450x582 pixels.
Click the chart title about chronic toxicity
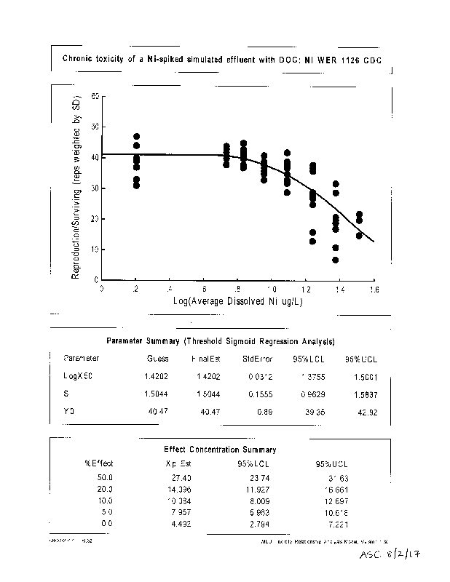(x=222, y=59)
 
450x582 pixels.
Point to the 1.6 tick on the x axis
(x=373, y=289)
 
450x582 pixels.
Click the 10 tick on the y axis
(x=95, y=250)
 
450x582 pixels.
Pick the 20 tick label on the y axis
(x=95, y=219)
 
